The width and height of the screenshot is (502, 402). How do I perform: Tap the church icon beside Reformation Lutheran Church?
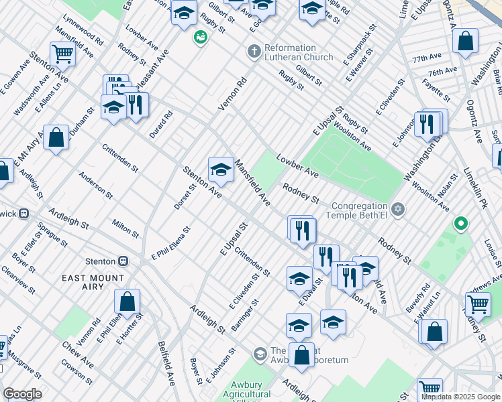click(254, 51)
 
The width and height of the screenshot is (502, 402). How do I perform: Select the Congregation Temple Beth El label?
click(358, 210)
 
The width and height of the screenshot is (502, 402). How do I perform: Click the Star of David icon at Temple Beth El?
click(399, 210)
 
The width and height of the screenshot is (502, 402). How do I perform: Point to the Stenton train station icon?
click(123, 261)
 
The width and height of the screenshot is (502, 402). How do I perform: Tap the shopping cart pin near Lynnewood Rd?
click(62, 54)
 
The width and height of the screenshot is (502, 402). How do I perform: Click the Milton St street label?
click(125, 228)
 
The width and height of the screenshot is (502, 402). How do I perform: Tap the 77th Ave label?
click(428, 59)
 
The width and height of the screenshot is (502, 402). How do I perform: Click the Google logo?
click(22, 394)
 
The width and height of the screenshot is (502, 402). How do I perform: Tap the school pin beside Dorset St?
click(221, 170)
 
